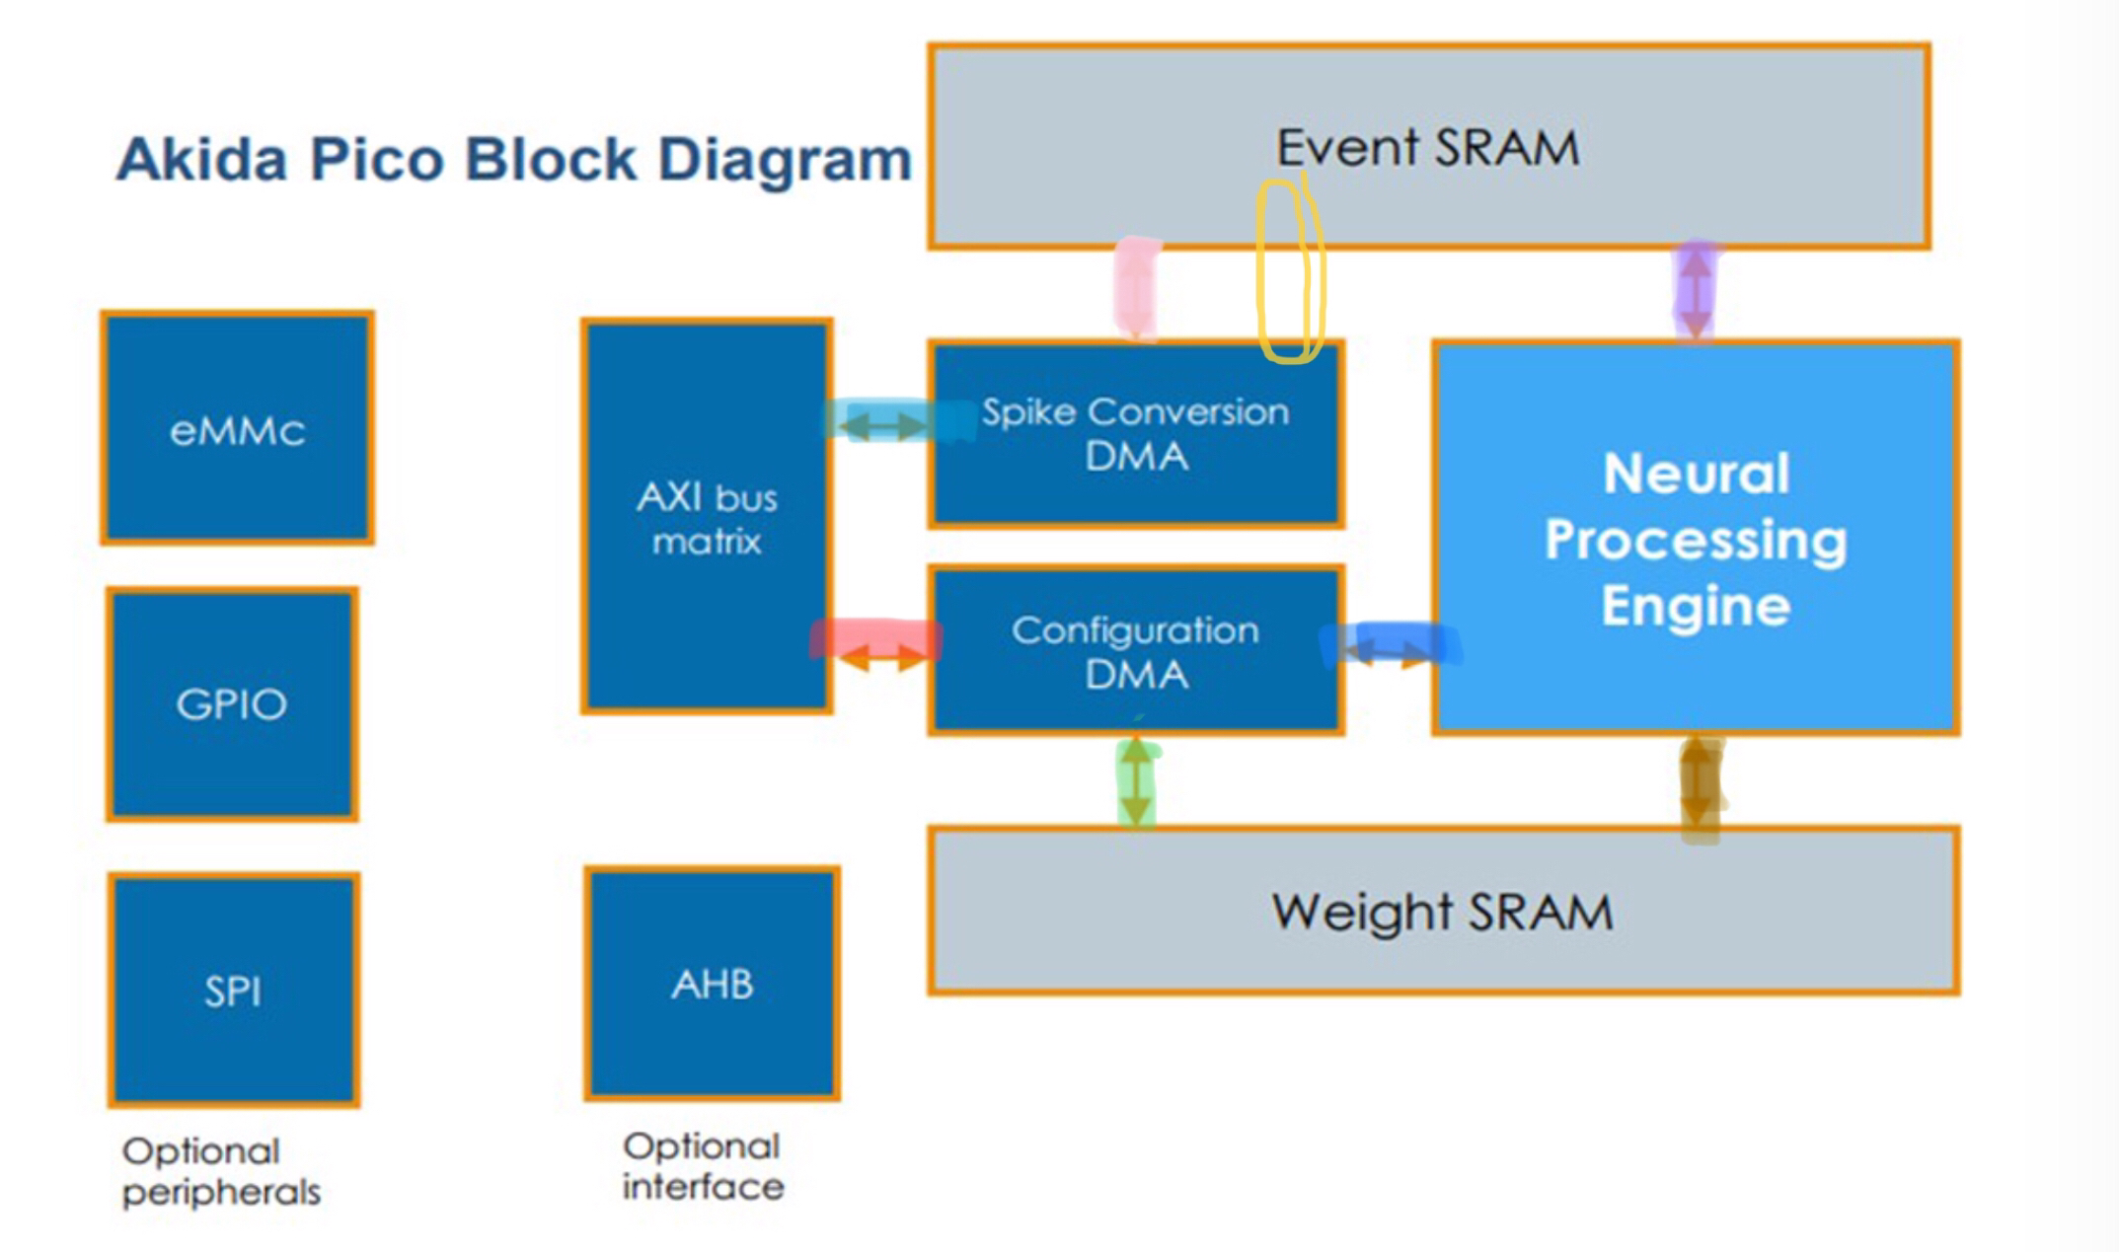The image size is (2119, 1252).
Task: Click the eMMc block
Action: coord(237,428)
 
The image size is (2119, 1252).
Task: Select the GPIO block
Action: coord(232,703)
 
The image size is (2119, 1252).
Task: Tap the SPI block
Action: coord(234,990)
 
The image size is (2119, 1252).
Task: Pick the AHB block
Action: coord(712,984)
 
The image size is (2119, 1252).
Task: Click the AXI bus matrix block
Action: coord(707,516)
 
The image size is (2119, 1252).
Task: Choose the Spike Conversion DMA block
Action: coord(1136,434)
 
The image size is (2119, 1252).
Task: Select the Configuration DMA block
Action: coord(1136,652)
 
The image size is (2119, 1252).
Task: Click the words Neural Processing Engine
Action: coord(1696,539)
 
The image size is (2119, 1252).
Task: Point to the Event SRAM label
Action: coord(1427,148)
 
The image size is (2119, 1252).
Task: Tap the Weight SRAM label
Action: coord(1442,911)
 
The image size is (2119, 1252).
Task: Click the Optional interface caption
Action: coord(703,1166)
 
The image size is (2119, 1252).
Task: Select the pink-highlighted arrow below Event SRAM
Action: coord(1136,289)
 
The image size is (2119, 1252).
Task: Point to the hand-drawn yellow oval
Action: coord(1289,271)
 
